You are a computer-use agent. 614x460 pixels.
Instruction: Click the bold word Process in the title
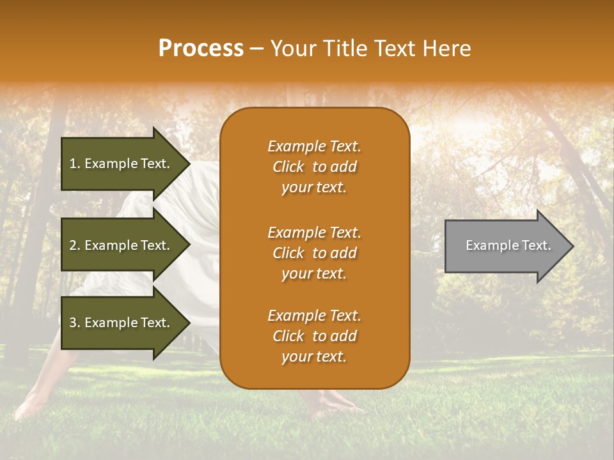(201, 48)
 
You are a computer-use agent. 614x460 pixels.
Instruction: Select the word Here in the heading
(446, 48)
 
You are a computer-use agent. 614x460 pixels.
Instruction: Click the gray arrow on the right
(505, 246)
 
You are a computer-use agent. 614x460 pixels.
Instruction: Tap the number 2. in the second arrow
(74, 245)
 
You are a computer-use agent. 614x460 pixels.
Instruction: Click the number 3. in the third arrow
(74, 323)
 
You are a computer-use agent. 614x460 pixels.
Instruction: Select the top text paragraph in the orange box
(314, 167)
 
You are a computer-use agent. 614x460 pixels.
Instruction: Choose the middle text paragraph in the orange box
(314, 253)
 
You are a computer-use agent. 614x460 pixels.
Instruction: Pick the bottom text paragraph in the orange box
(314, 336)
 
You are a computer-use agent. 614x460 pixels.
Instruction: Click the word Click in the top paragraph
(288, 167)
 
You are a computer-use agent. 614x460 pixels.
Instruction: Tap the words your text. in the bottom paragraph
(314, 356)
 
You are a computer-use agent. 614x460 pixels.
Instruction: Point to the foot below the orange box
(333, 402)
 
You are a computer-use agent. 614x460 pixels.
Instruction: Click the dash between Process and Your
(257, 49)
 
